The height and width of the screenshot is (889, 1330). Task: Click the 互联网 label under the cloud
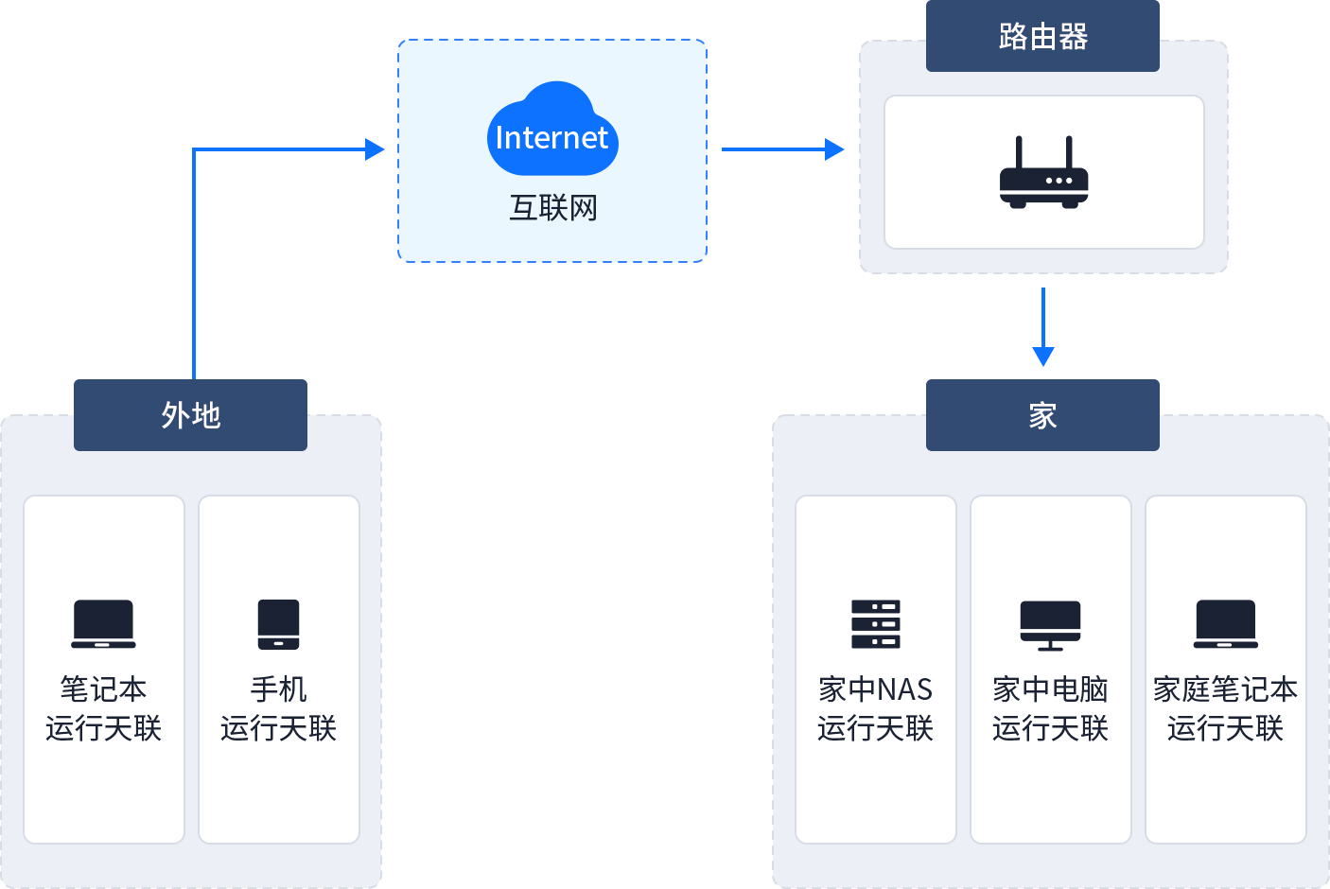pos(553,208)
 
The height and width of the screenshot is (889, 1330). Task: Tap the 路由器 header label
pos(1042,37)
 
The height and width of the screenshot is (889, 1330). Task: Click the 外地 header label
pos(190,415)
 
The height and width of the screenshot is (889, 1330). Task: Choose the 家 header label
pos(1042,415)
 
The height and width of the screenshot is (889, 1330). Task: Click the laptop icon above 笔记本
pos(103,624)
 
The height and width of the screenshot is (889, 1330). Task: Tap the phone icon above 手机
pos(278,624)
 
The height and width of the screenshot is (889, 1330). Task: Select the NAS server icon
pos(875,624)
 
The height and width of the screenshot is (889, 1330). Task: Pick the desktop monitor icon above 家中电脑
pos(1050,625)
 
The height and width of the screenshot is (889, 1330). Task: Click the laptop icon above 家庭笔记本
pos(1225,624)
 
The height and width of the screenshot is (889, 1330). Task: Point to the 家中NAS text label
pos(875,689)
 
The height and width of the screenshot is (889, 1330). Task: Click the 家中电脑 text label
pos(1050,689)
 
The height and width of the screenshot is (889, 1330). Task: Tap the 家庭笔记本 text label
pos(1225,689)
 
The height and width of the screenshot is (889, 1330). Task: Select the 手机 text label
pos(278,689)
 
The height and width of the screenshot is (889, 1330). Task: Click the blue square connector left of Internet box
pos(376,148)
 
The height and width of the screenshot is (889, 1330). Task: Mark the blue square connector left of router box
pos(835,148)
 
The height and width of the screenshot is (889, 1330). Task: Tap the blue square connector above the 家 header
pos(1043,357)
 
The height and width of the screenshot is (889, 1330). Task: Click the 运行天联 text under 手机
pos(278,728)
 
